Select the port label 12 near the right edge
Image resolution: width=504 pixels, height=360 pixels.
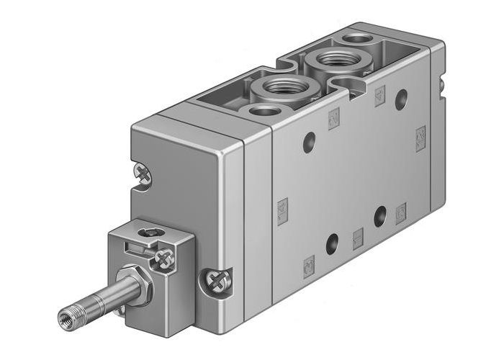420,137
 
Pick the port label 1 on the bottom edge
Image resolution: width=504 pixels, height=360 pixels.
358,238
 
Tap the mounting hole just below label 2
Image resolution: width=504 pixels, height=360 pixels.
310,141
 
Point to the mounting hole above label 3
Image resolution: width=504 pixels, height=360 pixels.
332,243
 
